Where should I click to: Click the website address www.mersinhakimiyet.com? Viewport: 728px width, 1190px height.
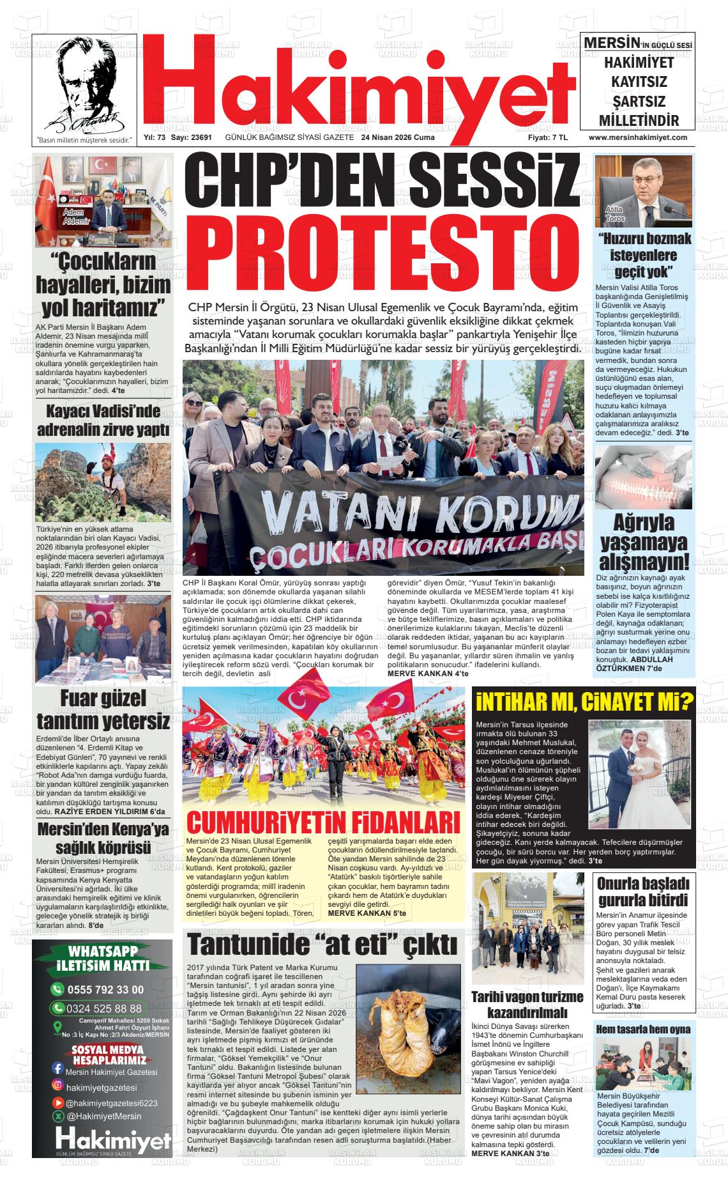point(637,137)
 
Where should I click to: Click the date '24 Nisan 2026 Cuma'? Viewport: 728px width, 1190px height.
point(397,137)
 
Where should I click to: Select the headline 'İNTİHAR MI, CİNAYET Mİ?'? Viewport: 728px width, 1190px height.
point(584,702)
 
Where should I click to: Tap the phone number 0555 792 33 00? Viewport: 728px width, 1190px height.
point(105,990)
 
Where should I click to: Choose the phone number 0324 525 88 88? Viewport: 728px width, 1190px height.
point(105,1008)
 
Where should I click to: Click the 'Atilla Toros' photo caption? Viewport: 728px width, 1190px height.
point(615,214)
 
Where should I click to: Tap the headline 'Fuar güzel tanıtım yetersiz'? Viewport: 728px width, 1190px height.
point(103,709)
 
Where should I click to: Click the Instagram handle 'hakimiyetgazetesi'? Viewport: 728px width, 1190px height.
point(102,1088)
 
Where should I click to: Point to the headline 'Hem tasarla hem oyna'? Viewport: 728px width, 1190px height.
point(643,1030)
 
